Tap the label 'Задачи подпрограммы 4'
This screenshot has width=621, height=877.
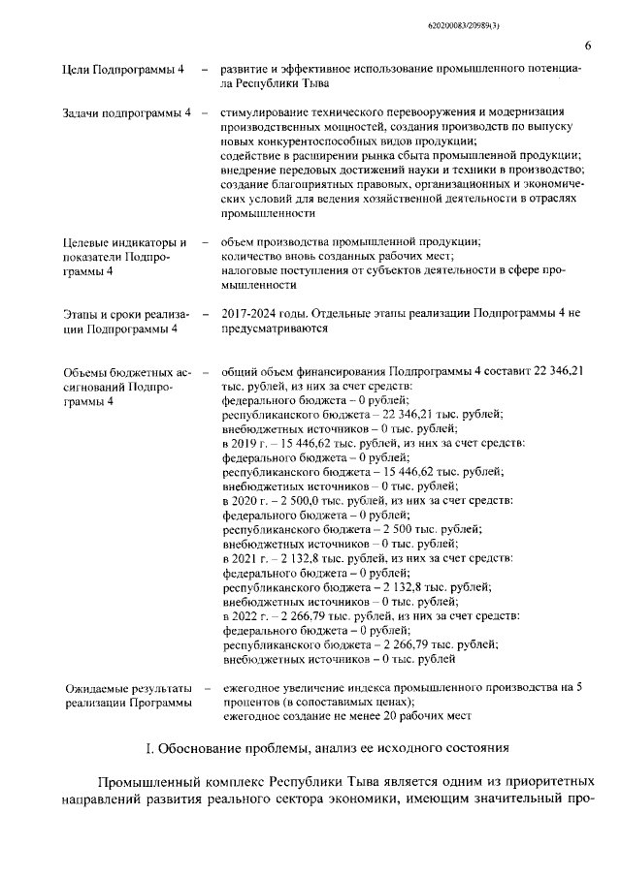pyautogui.click(x=126, y=115)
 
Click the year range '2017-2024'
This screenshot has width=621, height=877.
pyautogui.click(x=250, y=314)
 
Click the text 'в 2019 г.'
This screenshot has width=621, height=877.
pyautogui.click(x=247, y=443)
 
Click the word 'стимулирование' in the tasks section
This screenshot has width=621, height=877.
pyautogui.click(x=265, y=114)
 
